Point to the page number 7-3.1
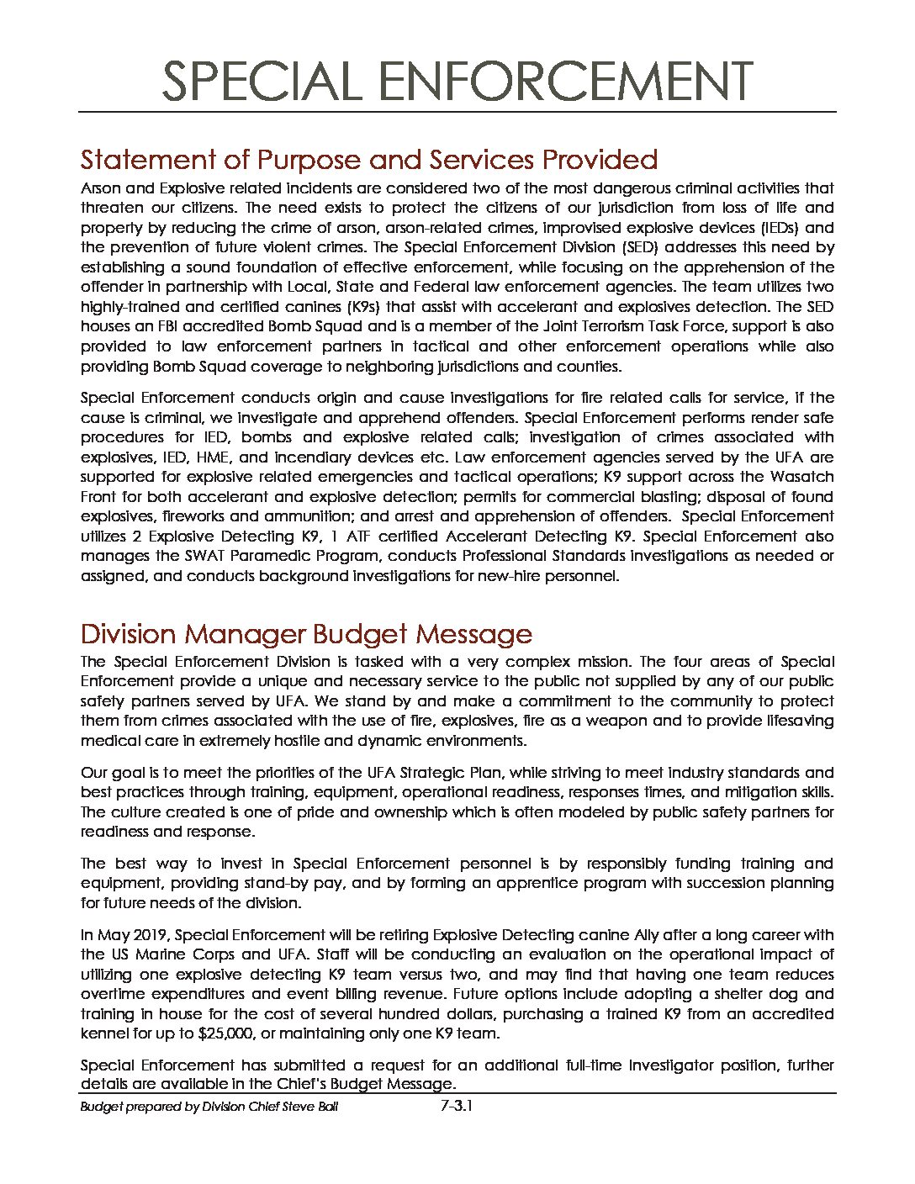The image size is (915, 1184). click(457, 1107)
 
